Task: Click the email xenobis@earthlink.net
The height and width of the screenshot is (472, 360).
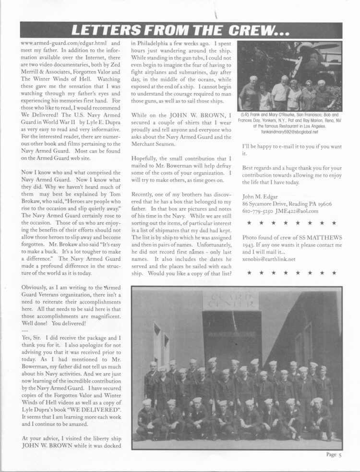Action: coord(268,259)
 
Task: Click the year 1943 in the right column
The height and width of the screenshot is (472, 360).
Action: coord(249,245)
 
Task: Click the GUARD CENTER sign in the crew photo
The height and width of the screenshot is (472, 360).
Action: coord(230,301)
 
